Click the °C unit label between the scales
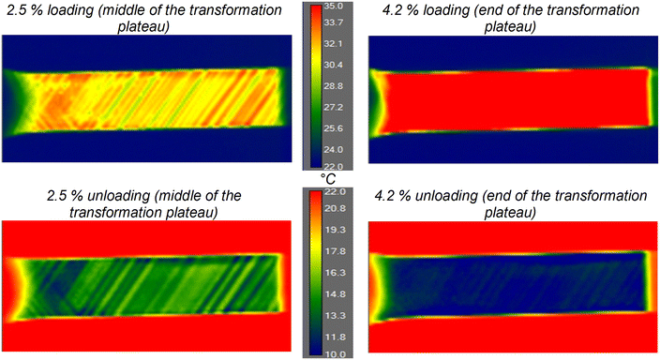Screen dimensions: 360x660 pyautogui.click(x=328, y=178)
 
